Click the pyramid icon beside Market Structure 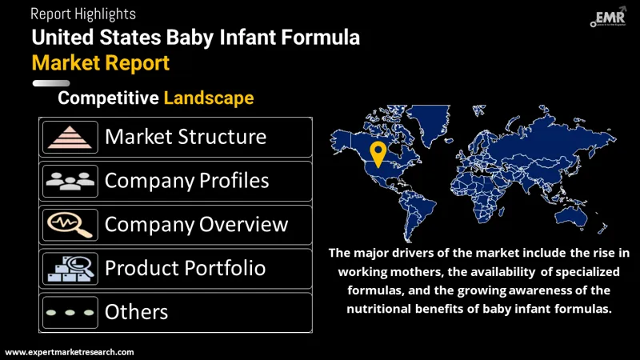click(x=70, y=137)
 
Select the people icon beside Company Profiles click(x=70, y=181)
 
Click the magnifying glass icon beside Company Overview click(x=70, y=224)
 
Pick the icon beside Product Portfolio click(x=70, y=267)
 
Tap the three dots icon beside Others click(x=70, y=312)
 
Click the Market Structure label click(x=185, y=137)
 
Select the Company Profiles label click(x=186, y=181)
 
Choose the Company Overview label click(x=196, y=224)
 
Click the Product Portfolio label click(x=185, y=267)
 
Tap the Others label click(x=136, y=312)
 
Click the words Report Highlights click(x=83, y=14)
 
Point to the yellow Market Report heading click(x=101, y=62)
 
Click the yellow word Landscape click(x=209, y=98)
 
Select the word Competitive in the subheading click(x=108, y=98)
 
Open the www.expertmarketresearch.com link click(x=70, y=352)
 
